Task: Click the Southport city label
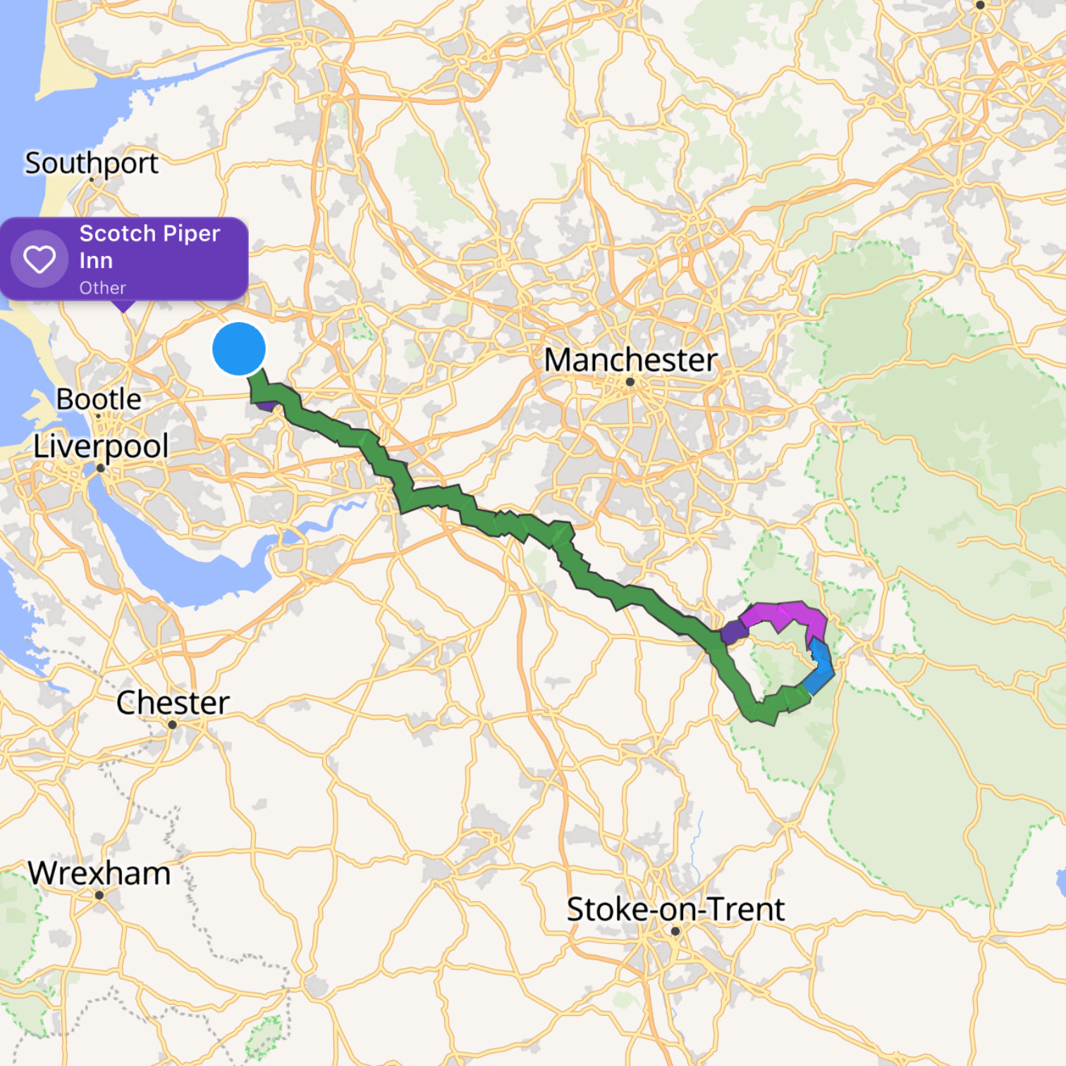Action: pyautogui.click(x=92, y=163)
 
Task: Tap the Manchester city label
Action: pyautogui.click(x=631, y=360)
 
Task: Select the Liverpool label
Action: pyautogui.click(x=101, y=446)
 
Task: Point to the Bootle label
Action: pyautogui.click(x=99, y=399)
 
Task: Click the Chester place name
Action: pyautogui.click(x=173, y=703)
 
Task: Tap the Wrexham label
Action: pyautogui.click(x=99, y=874)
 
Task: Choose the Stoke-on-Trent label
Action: pyautogui.click(x=675, y=909)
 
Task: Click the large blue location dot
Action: pyautogui.click(x=239, y=349)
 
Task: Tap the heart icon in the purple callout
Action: pyautogui.click(x=39, y=259)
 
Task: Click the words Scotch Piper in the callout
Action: pyautogui.click(x=149, y=233)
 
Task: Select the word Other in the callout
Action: pyautogui.click(x=102, y=288)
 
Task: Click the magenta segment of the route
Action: pyautogui.click(x=783, y=613)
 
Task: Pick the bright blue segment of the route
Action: pyautogui.click(x=821, y=666)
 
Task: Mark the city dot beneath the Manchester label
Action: pyautogui.click(x=630, y=382)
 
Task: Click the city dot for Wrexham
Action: pyautogui.click(x=99, y=895)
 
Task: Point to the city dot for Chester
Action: pyautogui.click(x=172, y=724)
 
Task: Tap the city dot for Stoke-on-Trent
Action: pyautogui.click(x=675, y=931)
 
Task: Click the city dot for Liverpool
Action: pyautogui.click(x=100, y=468)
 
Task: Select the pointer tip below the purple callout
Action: pyautogui.click(x=124, y=310)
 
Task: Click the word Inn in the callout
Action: pyautogui.click(x=96, y=261)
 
